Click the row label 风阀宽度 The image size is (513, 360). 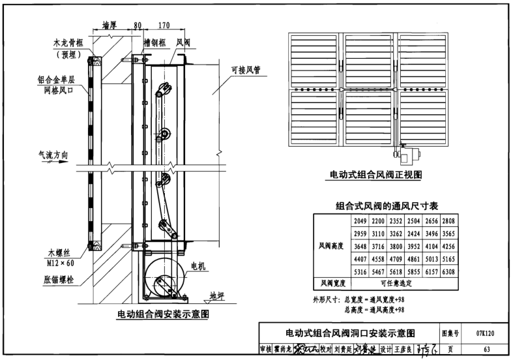tap(331, 284)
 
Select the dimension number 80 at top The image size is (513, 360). tap(137, 27)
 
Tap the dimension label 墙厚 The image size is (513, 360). tap(110, 27)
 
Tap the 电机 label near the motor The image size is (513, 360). tap(198, 265)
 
